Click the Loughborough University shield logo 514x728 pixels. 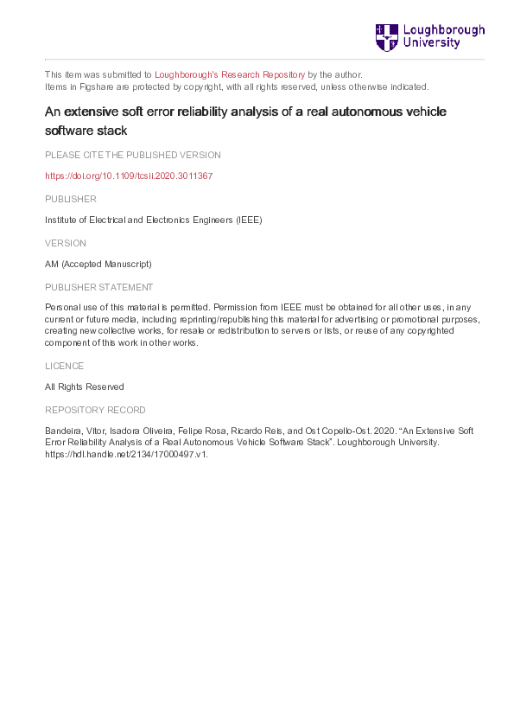386,37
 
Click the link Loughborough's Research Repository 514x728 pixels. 230,75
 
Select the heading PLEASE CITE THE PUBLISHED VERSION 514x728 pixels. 132,155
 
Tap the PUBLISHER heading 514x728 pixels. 71,199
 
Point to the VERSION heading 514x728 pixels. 66,243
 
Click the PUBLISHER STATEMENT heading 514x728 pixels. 98,287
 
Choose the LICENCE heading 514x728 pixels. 66,366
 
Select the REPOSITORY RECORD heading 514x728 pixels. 95,410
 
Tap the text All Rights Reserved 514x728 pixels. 84,387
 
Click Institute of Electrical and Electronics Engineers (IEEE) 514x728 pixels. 153,220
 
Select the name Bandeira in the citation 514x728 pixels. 63,431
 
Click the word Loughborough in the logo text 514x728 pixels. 444,30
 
